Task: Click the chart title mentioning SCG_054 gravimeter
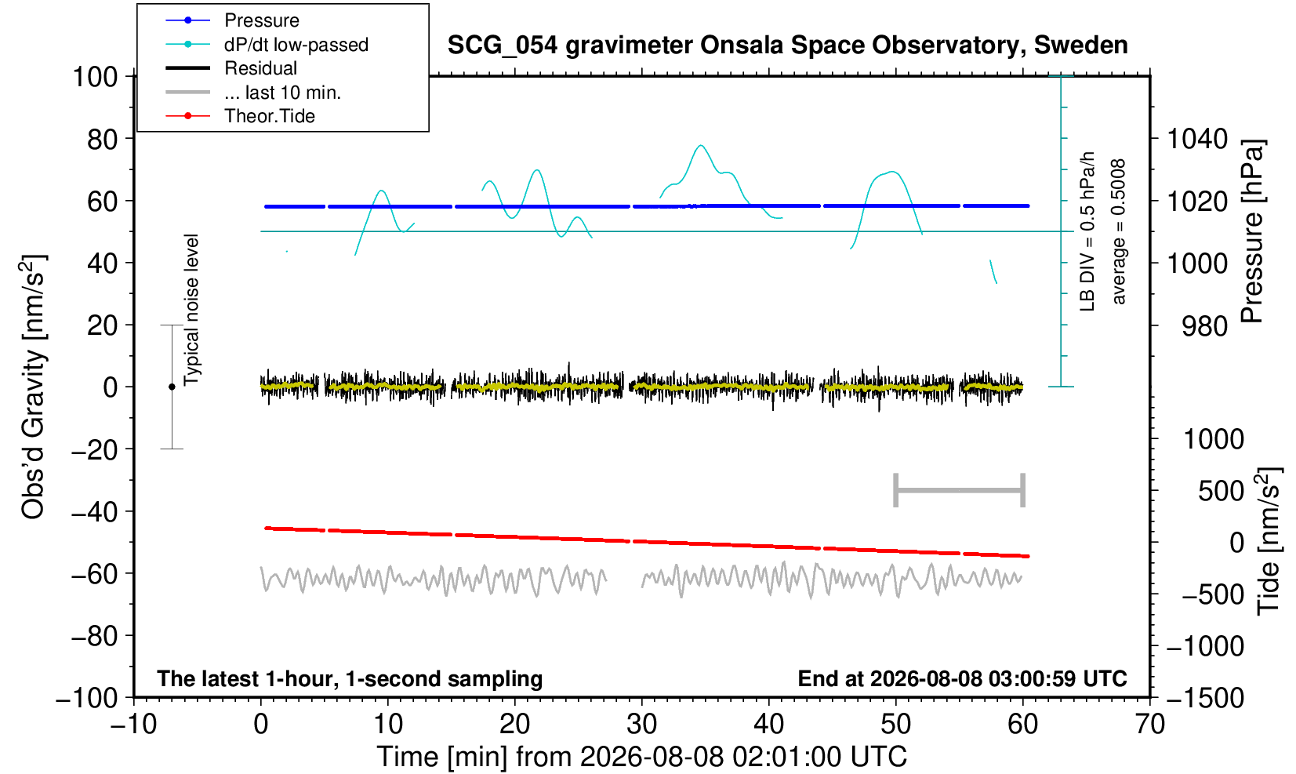787,45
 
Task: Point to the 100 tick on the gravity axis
95,77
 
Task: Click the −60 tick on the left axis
94,574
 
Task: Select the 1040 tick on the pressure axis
1197,139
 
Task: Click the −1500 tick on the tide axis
1205,697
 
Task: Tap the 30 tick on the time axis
641,725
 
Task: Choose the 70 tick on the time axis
1149,725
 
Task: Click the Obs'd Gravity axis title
34,387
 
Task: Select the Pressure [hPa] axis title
1252,231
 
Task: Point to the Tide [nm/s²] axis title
1269,540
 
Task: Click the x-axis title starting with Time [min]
641,757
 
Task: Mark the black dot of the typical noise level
172,387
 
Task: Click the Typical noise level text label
191,310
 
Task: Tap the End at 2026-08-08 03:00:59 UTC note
962,678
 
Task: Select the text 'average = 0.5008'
1118,231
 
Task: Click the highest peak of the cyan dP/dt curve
701,145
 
